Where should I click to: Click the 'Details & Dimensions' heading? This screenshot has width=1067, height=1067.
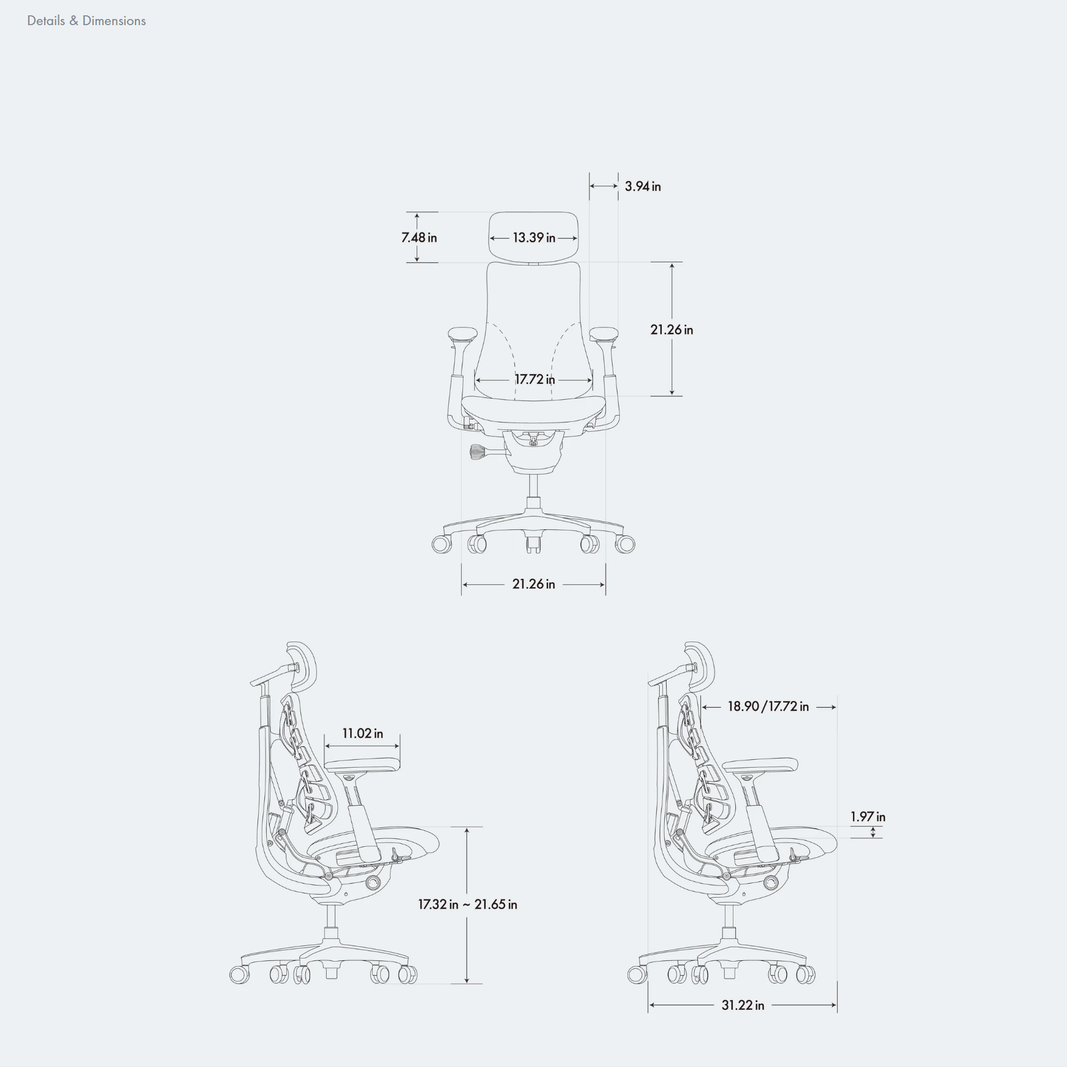[x=86, y=21]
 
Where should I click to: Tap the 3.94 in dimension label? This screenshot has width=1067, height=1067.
[x=643, y=186]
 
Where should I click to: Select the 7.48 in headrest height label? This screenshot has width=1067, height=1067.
[x=419, y=238]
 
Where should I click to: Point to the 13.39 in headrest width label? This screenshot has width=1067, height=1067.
[x=533, y=238]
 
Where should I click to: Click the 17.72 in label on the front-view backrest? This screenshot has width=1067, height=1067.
[x=534, y=380]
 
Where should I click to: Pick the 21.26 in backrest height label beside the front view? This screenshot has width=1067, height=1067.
[x=671, y=330]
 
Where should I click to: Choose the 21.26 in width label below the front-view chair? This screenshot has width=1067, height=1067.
[x=533, y=584]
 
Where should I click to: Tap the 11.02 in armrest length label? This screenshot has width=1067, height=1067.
[x=362, y=733]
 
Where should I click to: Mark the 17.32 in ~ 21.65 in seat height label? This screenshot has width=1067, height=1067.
[x=467, y=904]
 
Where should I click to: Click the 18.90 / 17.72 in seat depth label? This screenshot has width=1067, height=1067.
[x=768, y=706]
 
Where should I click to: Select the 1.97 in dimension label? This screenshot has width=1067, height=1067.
[x=868, y=817]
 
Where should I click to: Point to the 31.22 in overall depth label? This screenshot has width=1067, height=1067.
[x=743, y=1005]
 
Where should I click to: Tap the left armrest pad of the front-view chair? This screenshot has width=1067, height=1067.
[x=462, y=334]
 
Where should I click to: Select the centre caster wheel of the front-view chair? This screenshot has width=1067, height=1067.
[x=533, y=543]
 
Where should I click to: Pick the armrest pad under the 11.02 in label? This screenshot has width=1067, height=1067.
[x=362, y=765]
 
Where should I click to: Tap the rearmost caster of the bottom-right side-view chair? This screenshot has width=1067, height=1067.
[x=637, y=974]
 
